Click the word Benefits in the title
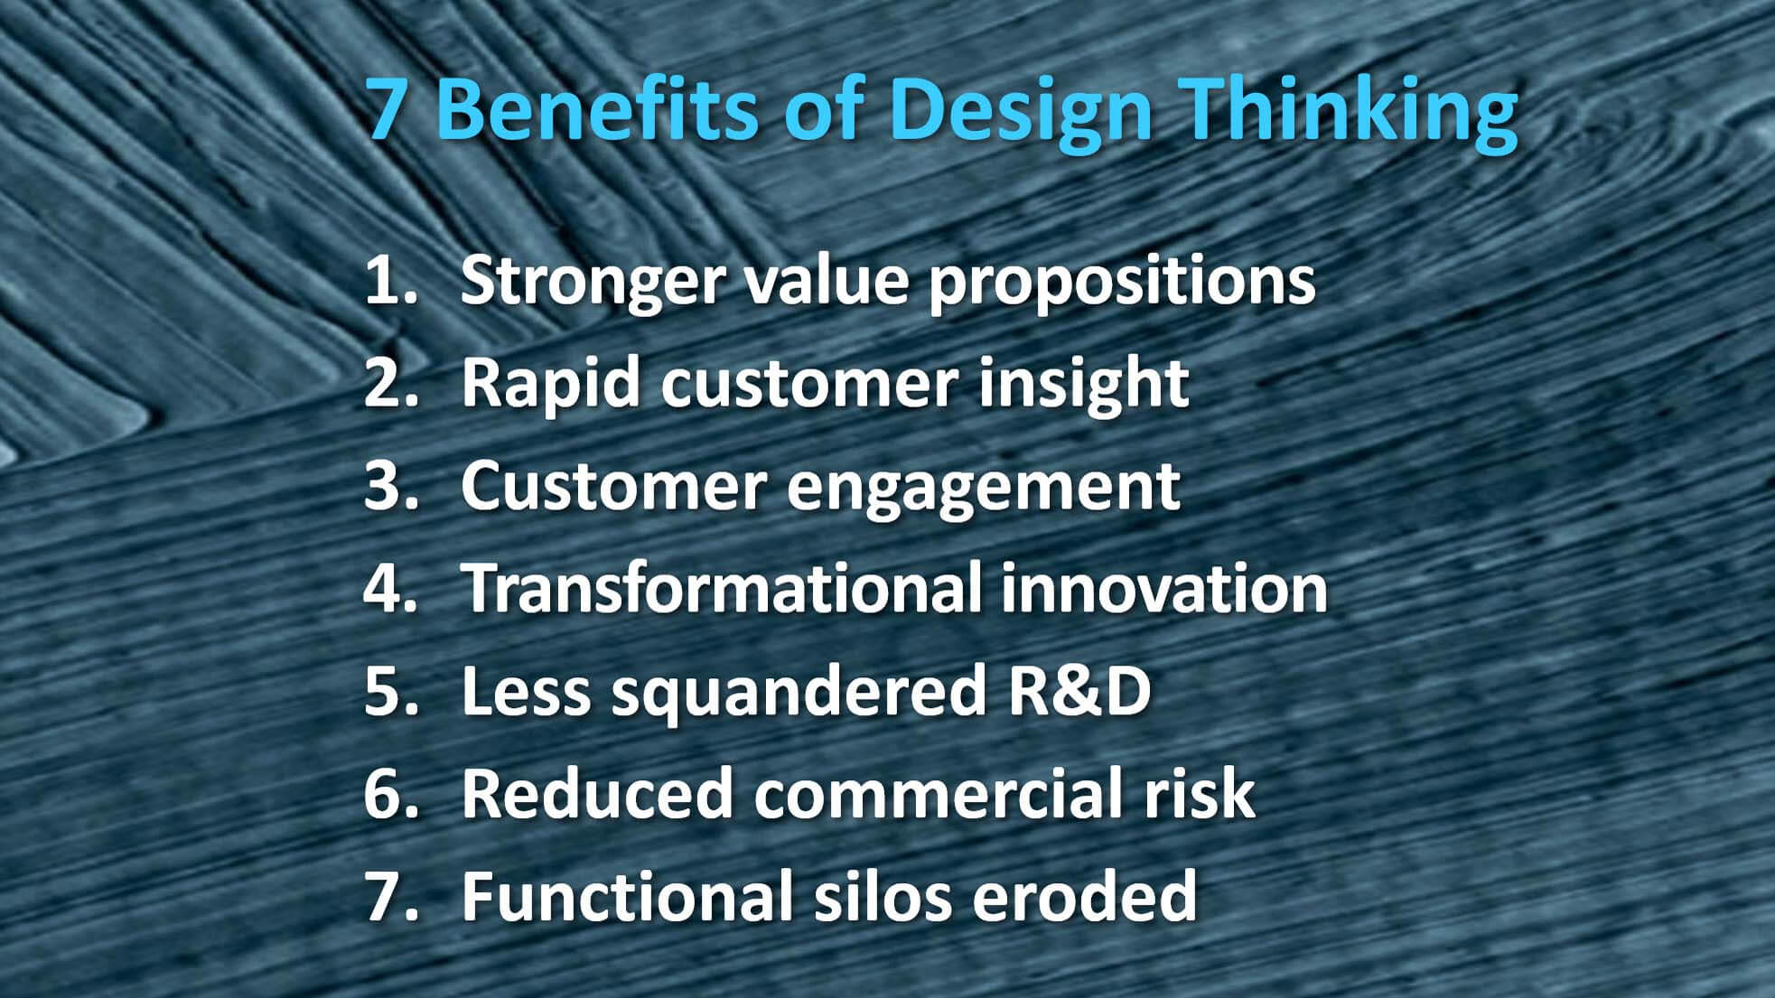point(598,110)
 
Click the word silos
point(881,896)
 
